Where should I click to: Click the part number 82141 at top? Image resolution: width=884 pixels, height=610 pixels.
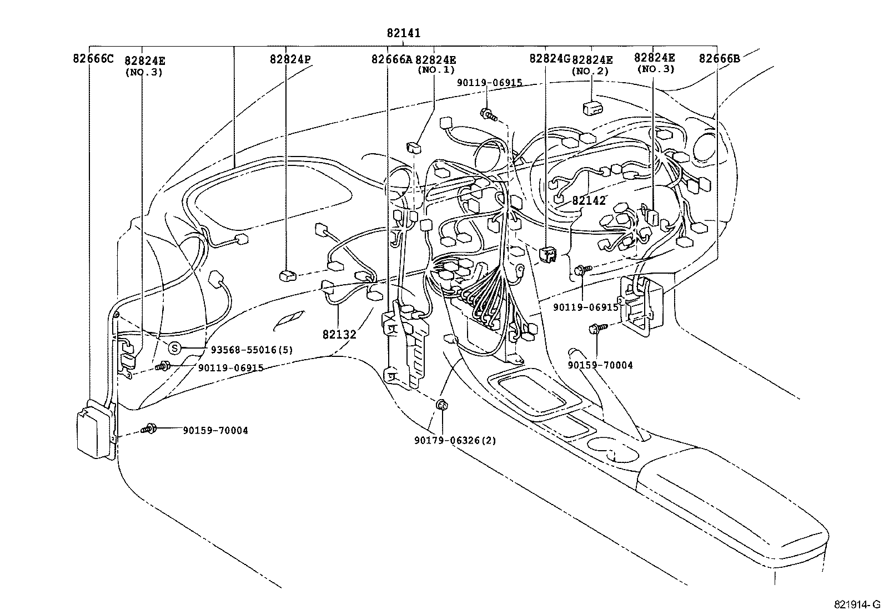404,33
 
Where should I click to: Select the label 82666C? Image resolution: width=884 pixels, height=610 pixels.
93,58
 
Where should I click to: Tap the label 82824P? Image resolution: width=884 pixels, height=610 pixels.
290,59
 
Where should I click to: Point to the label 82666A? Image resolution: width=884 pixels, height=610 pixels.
391,59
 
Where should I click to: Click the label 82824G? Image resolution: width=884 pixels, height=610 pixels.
550,58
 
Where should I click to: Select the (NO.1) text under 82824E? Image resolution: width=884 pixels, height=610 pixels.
436,70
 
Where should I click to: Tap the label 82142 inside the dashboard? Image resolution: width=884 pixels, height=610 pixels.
589,201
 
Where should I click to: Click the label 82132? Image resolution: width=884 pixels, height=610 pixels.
339,334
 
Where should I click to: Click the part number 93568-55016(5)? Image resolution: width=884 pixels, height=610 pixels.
252,350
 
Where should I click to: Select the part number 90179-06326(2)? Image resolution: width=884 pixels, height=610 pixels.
455,440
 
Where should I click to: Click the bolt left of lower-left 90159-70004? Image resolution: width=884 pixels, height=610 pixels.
149,429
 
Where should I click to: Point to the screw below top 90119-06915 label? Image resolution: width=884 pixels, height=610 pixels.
488,114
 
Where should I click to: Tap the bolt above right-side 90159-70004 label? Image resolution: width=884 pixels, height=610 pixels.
595,329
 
